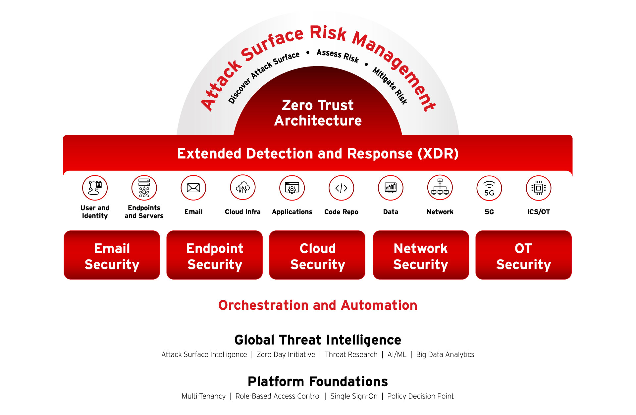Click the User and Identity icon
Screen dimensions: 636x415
click(95, 188)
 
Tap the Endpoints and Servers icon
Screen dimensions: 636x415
click(144, 188)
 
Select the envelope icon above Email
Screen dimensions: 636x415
click(193, 188)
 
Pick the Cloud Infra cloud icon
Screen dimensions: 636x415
click(243, 188)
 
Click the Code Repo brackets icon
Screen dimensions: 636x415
click(342, 188)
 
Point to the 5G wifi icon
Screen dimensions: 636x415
click(489, 188)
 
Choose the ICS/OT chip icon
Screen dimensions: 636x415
click(539, 188)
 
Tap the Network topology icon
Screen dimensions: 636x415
click(440, 188)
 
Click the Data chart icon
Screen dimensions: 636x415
click(391, 188)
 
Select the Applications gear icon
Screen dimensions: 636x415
click(292, 188)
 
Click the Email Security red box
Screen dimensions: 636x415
click(112, 255)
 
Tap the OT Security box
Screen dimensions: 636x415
click(524, 255)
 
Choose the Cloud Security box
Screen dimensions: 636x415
click(317, 255)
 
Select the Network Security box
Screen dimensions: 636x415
click(421, 255)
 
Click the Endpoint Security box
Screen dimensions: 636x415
click(215, 255)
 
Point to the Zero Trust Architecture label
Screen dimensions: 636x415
click(318, 113)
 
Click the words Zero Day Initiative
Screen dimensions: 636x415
click(286, 354)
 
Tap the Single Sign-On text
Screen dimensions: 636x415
click(354, 396)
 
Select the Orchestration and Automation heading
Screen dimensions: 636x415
click(318, 305)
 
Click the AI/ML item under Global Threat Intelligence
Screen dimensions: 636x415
click(397, 354)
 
